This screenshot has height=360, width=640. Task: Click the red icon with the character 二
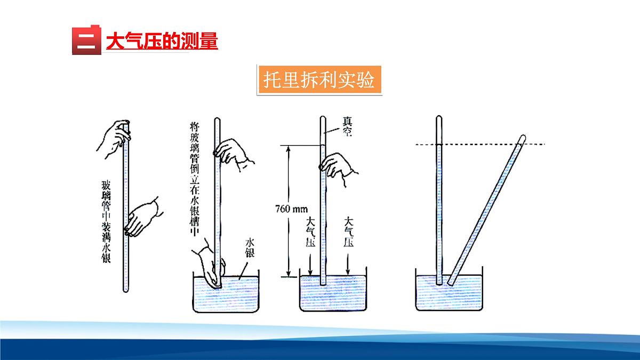pyautogui.click(x=86, y=40)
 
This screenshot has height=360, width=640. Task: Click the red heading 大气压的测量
pyautogui.click(x=162, y=41)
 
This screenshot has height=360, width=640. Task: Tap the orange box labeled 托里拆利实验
pyautogui.click(x=320, y=81)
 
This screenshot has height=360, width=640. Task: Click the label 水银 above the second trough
pyautogui.click(x=249, y=249)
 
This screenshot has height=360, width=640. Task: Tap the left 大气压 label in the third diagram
pyautogui.click(x=310, y=234)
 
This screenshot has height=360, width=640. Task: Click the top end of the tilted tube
pyautogui.click(x=522, y=138)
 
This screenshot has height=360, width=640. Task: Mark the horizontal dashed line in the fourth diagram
pyautogui.click(x=480, y=144)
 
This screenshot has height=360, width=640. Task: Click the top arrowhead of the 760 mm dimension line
pyautogui.click(x=289, y=148)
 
